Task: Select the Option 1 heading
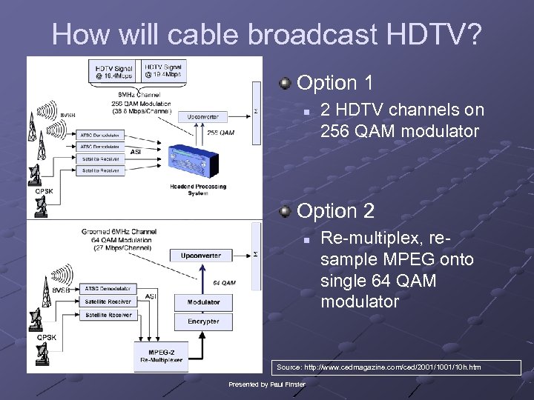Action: [334, 82]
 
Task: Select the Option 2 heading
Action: [334, 211]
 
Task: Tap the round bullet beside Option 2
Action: [286, 212]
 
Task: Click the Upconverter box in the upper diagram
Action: [202, 117]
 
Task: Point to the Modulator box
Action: [203, 302]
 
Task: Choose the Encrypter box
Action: [203, 321]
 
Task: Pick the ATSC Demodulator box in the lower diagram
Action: [108, 288]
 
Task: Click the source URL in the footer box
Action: [378, 367]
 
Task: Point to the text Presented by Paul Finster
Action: [267, 384]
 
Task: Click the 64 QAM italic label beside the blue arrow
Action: [224, 282]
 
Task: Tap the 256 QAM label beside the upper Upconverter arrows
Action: [222, 133]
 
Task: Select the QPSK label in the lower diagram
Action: [46, 337]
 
